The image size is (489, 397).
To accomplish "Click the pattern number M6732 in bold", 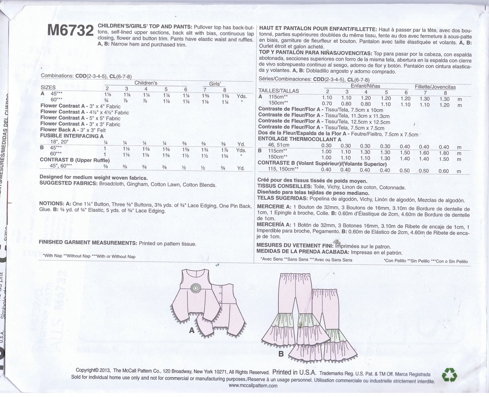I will [x=70, y=31].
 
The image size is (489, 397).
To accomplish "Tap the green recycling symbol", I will [x=449, y=375].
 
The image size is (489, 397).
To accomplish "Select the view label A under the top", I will [x=192, y=330].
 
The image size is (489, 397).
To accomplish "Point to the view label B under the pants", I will [x=281, y=353].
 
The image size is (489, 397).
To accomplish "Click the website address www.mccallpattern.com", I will [x=253, y=385].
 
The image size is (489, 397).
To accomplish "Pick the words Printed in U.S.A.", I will [x=294, y=372].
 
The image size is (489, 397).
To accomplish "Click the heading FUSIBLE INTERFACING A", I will [x=72, y=136].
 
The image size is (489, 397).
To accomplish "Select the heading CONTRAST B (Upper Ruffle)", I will [x=75, y=160].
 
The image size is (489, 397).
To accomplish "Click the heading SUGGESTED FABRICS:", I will [x=68, y=183].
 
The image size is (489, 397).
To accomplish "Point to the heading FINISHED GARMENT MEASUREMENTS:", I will [x=88, y=243].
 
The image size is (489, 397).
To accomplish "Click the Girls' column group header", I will [x=215, y=84].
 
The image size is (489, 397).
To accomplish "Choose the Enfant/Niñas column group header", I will [x=365, y=86].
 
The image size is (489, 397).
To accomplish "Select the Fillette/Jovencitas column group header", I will [x=435, y=87].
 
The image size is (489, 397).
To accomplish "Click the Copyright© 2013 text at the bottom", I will [x=93, y=370].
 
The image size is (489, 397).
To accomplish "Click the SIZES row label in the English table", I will [x=48, y=87].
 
